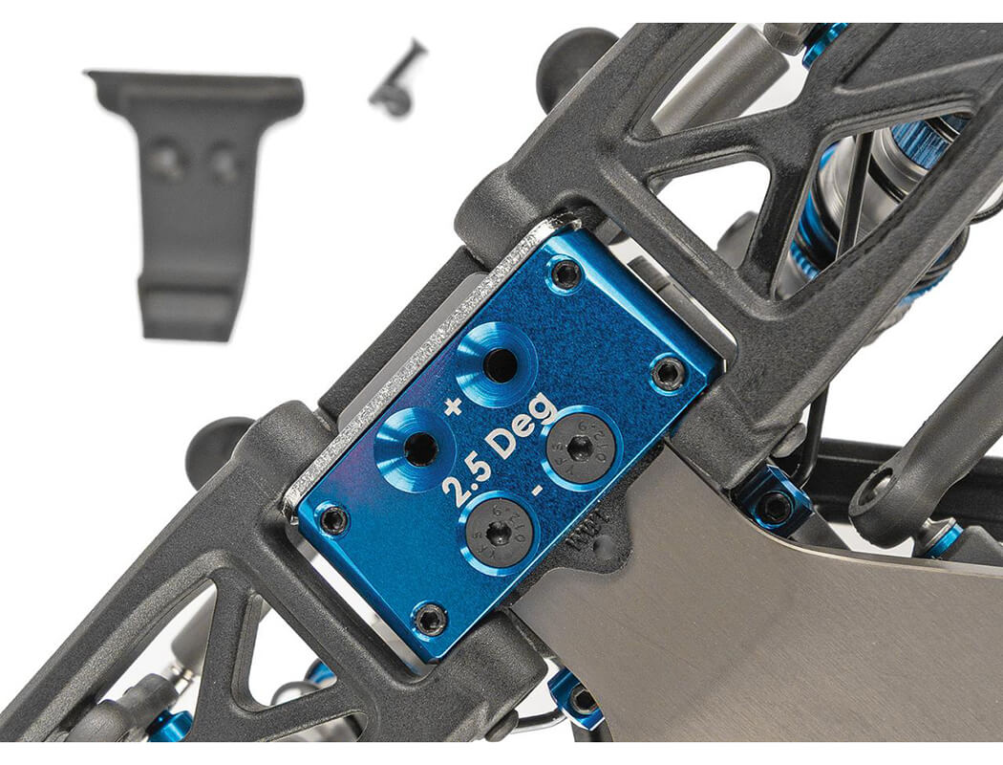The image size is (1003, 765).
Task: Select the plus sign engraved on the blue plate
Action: click(x=453, y=405)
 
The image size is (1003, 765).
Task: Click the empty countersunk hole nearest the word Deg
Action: click(x=498, y=363)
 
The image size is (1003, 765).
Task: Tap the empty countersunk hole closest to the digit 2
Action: click(x=419, y=448)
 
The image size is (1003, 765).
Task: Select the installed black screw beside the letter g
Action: click(x=580, y=447)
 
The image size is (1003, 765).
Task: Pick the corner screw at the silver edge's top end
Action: click(x=566, y=275)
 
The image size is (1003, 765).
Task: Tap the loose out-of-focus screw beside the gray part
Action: click(x=397, y=82)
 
